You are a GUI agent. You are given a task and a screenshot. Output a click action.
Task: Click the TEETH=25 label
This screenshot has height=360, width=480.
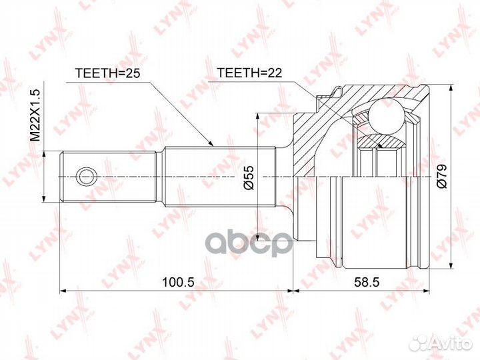[x=107, y=73]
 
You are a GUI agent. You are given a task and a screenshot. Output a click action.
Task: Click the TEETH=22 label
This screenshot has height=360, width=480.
[x=249, y=73]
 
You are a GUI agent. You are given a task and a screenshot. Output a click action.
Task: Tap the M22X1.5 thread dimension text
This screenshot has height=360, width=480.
[x=35, y=115]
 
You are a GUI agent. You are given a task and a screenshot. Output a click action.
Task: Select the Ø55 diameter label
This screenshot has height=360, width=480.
[x=249, y=177]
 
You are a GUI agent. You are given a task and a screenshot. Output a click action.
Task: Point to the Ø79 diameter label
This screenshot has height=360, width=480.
[x=442, y=176]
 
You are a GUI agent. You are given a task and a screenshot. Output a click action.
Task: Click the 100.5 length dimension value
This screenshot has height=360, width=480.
[x=178, y=281]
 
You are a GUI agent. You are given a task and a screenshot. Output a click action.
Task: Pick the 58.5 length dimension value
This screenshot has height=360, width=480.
[x=367, y=281]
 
